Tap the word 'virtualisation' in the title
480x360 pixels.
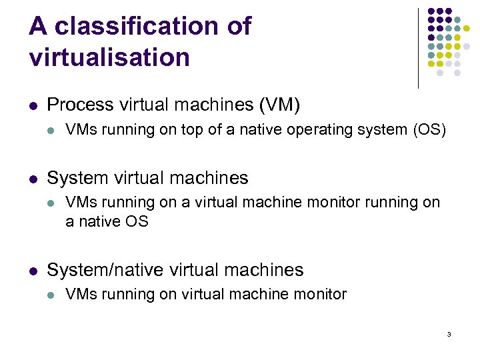109,57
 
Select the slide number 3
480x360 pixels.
449,334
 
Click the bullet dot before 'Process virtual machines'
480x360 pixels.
33,105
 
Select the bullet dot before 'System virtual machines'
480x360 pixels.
33,179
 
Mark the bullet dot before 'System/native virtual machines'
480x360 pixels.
33,271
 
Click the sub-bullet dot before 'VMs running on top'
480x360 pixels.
51,129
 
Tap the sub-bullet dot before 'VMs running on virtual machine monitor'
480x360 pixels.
51,295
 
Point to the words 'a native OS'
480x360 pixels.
107,221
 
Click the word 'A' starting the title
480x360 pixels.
38,26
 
